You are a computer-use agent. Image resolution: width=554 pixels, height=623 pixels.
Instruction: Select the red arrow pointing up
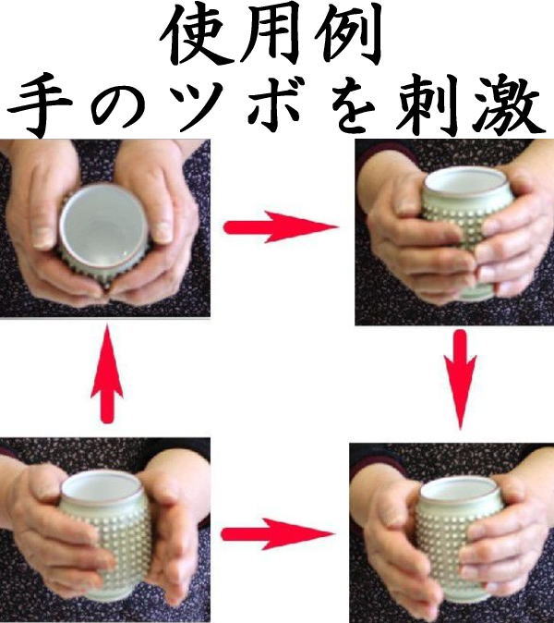coord(107,377)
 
